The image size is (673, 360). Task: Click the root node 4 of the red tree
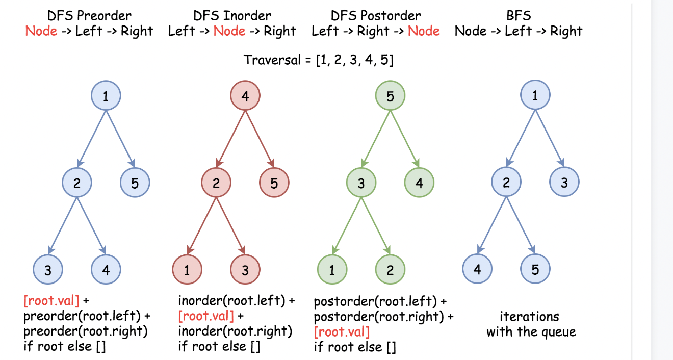(245, 96)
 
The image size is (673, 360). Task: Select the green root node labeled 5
(390, 96)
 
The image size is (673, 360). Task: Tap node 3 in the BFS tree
(564, 183)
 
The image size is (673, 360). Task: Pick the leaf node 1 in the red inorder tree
(187, 270)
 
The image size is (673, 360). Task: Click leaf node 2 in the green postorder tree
(390, 270)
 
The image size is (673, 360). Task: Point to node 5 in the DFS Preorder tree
(135, 183)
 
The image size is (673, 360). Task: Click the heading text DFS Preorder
(89, 16)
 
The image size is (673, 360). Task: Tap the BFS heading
(519, 16)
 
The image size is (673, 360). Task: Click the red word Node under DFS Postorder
(424, 31)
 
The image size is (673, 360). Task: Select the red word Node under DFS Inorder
(229, 31)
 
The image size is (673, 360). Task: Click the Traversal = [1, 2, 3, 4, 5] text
(319, 60)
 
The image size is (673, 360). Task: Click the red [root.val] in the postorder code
(342, 332)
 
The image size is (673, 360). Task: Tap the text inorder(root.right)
(235, 331)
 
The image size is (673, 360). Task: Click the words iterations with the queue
(531, 324)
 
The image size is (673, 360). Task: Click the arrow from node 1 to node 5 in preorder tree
(120, 139)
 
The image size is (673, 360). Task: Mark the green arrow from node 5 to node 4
(405, 139)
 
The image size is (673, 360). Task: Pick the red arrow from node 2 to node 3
(230, 226)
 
